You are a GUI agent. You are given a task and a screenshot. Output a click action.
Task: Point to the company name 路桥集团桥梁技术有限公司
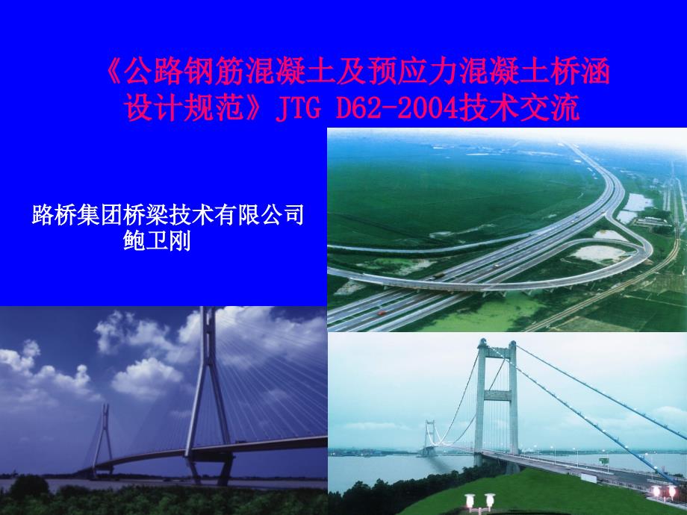[x=169, y=216]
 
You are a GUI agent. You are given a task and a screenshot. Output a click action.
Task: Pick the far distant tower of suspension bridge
[x=430, y=435]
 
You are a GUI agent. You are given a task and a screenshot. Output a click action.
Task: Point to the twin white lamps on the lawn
[x=479, y=499]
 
